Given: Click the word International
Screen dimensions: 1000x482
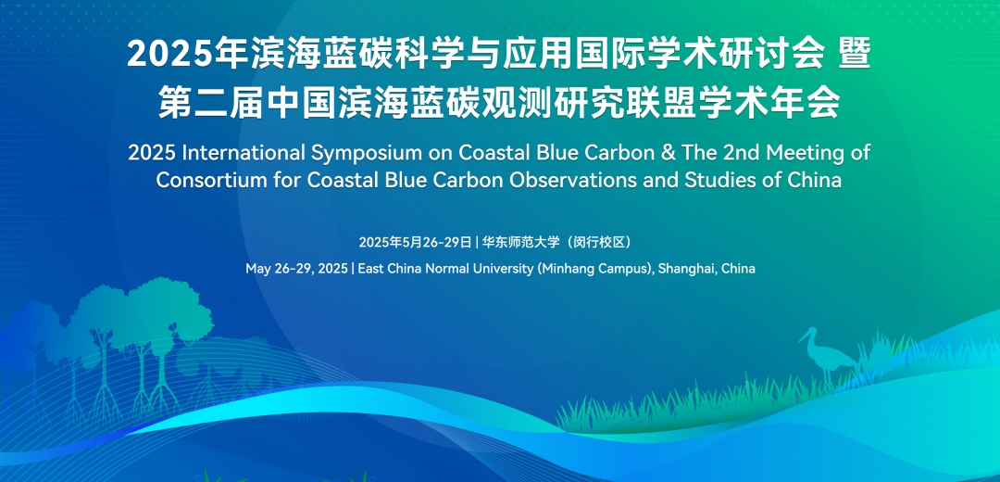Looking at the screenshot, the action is click(x=241, y=153).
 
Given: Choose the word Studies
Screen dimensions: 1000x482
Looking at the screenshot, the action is click(x=720, y=180).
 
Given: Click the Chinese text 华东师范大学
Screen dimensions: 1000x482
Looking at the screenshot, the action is click(x=520, y=243).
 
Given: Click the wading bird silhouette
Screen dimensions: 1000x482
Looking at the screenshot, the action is click(x=827, y=355).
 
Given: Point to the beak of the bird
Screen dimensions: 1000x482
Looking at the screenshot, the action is click(x=802, y=338).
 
